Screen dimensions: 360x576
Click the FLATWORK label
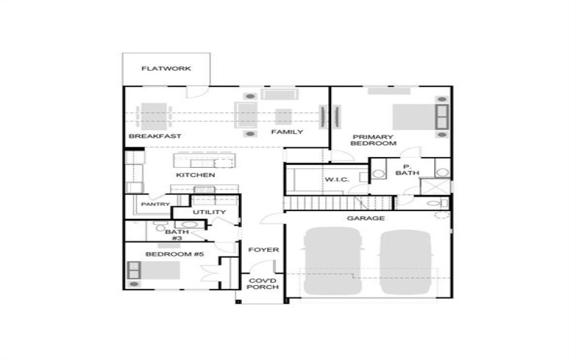click(x=166, y=69)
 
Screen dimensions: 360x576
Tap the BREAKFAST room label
click(x=154, y=136)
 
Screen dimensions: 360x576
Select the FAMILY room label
click(x=287, y=132)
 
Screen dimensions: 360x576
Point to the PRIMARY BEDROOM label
click(x=374, y=140)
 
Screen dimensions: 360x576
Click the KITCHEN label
click(x=195, y=175)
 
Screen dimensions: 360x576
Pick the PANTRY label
click(x=155, y=204)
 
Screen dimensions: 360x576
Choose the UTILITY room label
click(x=210, y=212)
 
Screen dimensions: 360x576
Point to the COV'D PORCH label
click(x=263, y=284)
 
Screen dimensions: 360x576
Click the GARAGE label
click(x=366, y=218)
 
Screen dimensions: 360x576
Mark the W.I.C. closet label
click(x=337, y=179)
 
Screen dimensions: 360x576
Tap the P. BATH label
click(x=407, y=169)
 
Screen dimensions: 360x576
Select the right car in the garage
click(x=408, y=261)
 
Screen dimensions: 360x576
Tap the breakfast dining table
click(x=154, y=114)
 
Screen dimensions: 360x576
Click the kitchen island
click(x=204, y=159)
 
